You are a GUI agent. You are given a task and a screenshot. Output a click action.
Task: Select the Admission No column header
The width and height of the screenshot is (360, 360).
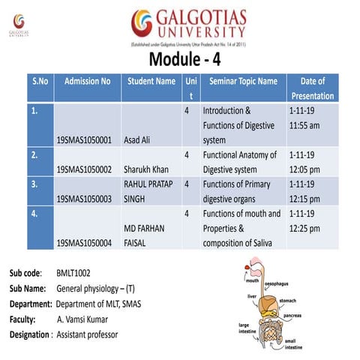pyautogui.click(x=88, y=81)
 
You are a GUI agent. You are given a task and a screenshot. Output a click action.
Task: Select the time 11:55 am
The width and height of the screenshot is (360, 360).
pyautogui.click(x=306, y=125)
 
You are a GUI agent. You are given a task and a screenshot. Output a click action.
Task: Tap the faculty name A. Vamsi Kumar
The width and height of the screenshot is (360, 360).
pyautogui.click(x=88, y=319)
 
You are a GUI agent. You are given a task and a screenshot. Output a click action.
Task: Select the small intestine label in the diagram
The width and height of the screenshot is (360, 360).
pyautogui.click(x=295, y=345)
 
